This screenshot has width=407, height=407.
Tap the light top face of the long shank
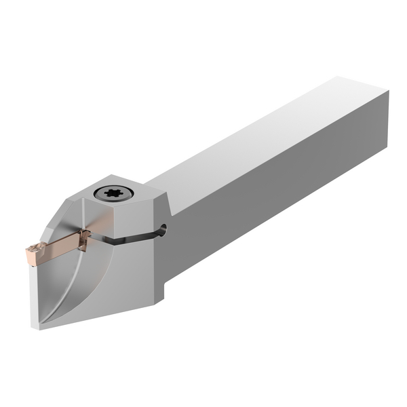pos(271,136)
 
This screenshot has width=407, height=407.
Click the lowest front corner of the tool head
pos(41,326)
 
